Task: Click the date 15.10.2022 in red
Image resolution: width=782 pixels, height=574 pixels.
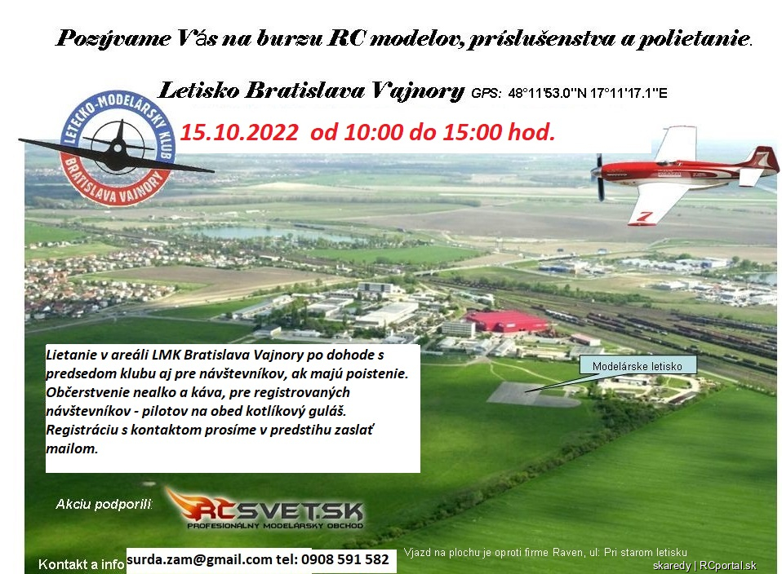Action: coord(239,133)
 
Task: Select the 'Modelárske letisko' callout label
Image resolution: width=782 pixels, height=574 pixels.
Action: coord(638,366)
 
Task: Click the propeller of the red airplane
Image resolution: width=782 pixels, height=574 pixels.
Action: coord(599,177)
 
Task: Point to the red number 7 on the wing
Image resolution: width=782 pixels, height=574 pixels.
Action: coord(643,217)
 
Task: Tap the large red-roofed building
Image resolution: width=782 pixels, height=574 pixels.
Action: coord(504,322)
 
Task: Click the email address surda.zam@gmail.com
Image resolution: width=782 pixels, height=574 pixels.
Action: coord(199,559)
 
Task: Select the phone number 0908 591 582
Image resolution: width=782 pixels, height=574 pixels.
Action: coord(345,559)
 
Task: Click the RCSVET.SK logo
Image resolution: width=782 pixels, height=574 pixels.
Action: coord(264,508)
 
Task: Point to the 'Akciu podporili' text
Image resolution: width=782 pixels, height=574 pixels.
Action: coord(104,504)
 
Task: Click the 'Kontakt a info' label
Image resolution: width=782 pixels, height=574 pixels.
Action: coord(82,564)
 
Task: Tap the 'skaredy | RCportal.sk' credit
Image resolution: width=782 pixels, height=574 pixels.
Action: coord(704,566)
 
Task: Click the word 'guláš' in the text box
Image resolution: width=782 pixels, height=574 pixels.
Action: coord(329,411)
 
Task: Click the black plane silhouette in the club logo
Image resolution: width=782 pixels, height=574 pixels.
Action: coord(118,148)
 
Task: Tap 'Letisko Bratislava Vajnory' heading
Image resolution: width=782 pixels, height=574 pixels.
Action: coord(311,91)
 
